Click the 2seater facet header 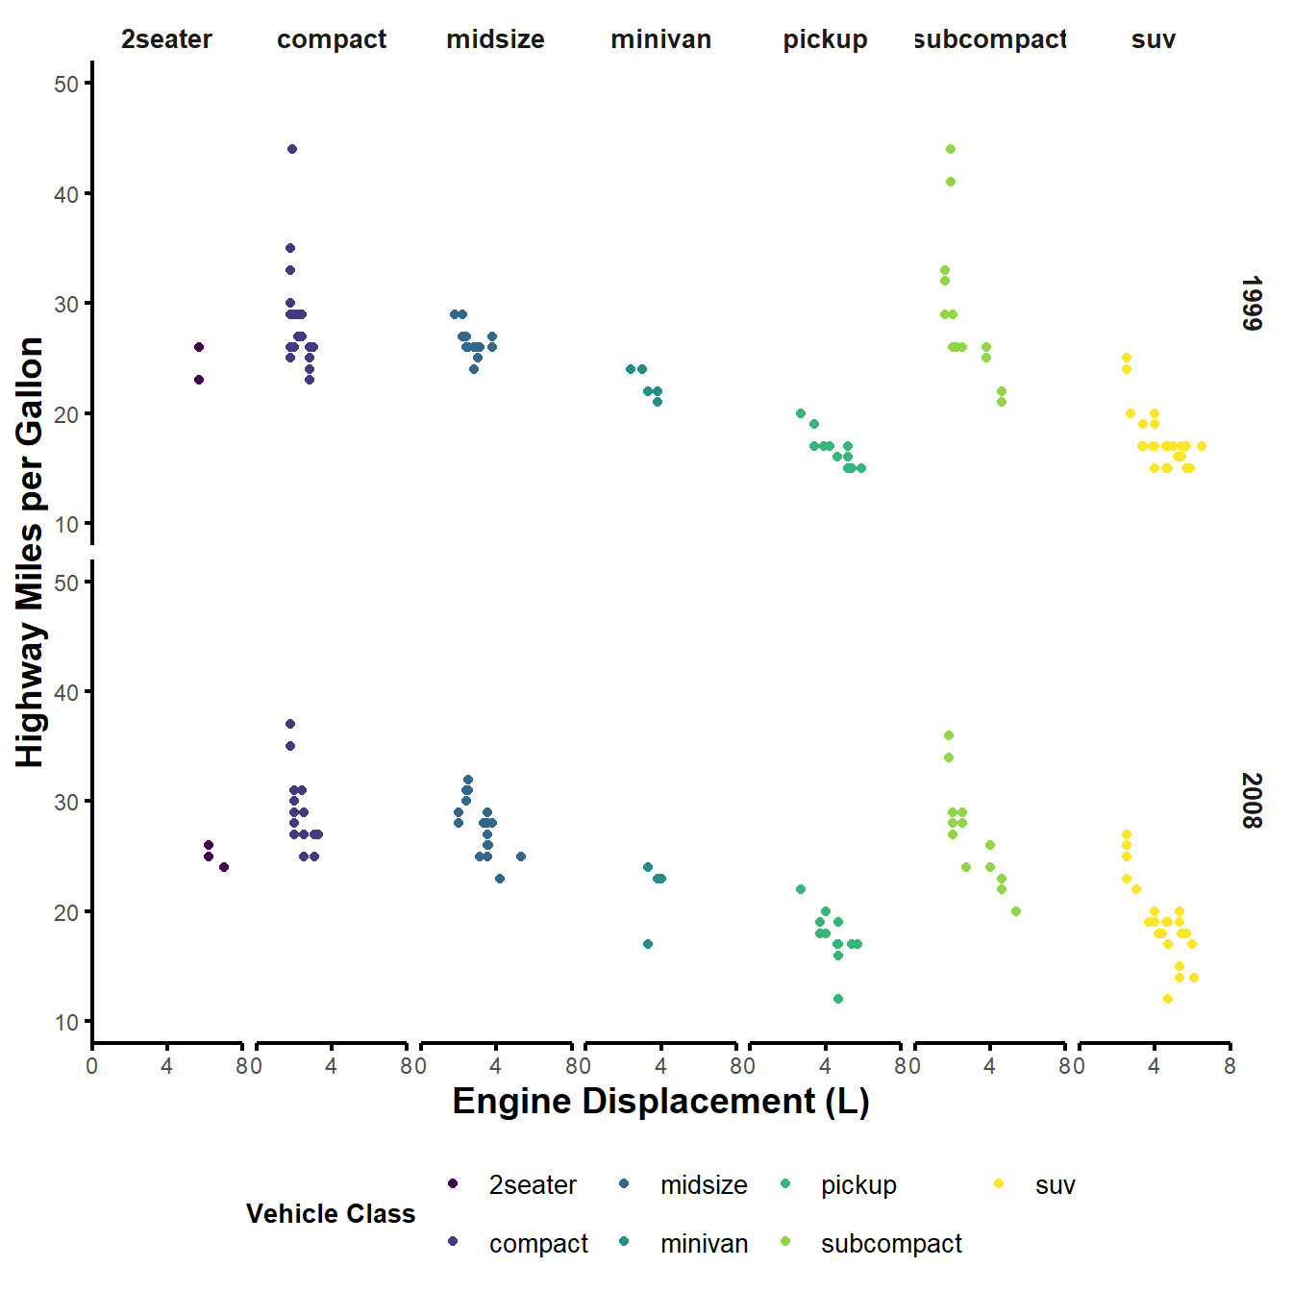click(x=166, y=39)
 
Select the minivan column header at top click(x=660, y=39)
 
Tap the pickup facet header click(x=825, y=39)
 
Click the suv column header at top click(x=1154, y=39)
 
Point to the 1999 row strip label click(x=1251, y=304)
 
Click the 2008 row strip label click(x=1251, y=801)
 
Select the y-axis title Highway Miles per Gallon click(x=31, y=552)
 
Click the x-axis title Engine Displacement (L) click(x=660, y=1102)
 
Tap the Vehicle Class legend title click(x=331, y=1214)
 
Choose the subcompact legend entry click(x=891, y=1244)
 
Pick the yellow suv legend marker click(x=999, y=1184)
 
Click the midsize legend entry click(x=704, y=1185)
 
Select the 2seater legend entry click(x=533, y=1185)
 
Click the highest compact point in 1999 click(x=292, y=149)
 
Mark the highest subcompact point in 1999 click(x=951, y=149)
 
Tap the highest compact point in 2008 click(x=290, y=724)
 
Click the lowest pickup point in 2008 click(x=838, y=999)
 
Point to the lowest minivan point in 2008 click(x=648, y=944)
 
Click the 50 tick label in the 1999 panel click(x=66, y=84)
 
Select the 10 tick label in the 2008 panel click(x=66, y=1022)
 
